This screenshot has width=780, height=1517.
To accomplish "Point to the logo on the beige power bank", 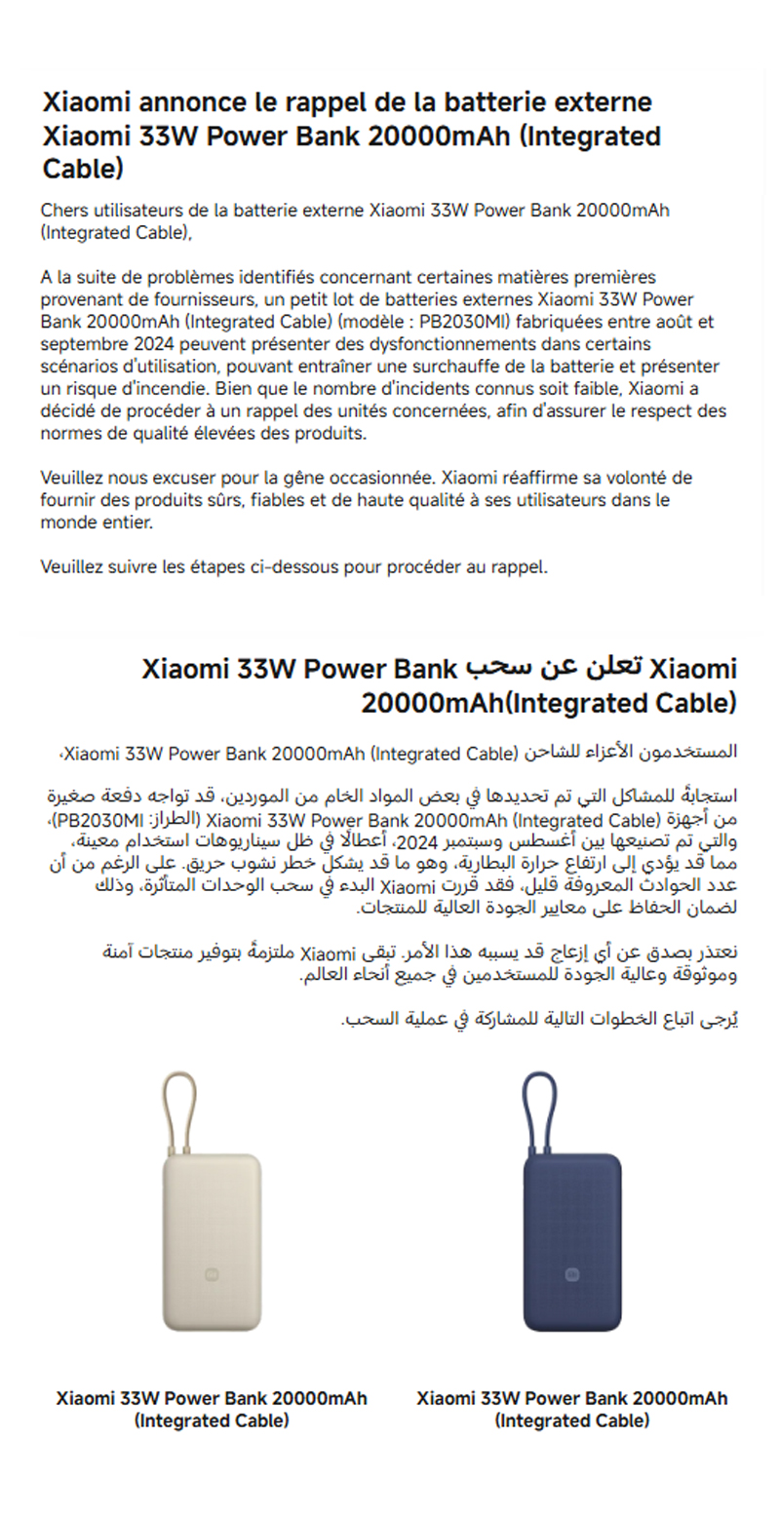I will [212, 1272].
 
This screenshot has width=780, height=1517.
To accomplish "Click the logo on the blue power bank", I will [572, 1272].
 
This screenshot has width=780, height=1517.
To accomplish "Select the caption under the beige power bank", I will [212, 1410].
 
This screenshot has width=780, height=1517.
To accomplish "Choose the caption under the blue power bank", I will [572, 1410].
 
